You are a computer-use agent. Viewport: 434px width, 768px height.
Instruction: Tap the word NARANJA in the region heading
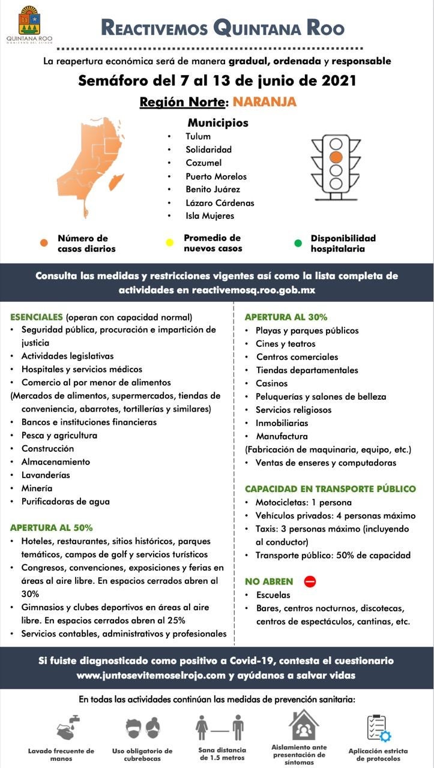click(x=265, y=101)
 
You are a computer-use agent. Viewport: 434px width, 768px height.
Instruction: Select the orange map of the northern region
click(x=90, y=165)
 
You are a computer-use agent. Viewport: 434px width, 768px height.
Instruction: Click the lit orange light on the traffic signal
click(x=336, y=157)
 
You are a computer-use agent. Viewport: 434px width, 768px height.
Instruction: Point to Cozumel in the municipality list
click(x=203, y=163)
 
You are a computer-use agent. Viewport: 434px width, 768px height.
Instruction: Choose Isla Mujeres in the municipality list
click(x=209, y=215)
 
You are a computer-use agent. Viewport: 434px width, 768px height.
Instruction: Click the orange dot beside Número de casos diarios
click(x=44, y=243)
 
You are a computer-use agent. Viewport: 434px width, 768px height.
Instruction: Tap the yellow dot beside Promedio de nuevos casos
click(x=170, y=242)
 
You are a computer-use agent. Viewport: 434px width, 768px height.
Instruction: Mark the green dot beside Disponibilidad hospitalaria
click(x=298, y=242)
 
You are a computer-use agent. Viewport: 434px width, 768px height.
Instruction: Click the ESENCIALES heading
click(x=36, y=317)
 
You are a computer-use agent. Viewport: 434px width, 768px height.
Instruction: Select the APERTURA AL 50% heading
click(x=51, y=528)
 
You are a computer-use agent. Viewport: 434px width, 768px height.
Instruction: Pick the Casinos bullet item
click(x=271, y=383)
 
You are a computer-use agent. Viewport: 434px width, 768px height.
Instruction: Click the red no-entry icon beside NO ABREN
click(x=310, y=581)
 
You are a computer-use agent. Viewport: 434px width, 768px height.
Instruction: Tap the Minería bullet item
click(x=37, y=488)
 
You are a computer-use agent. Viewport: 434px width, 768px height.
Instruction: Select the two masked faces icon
click(x=143, y=728)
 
